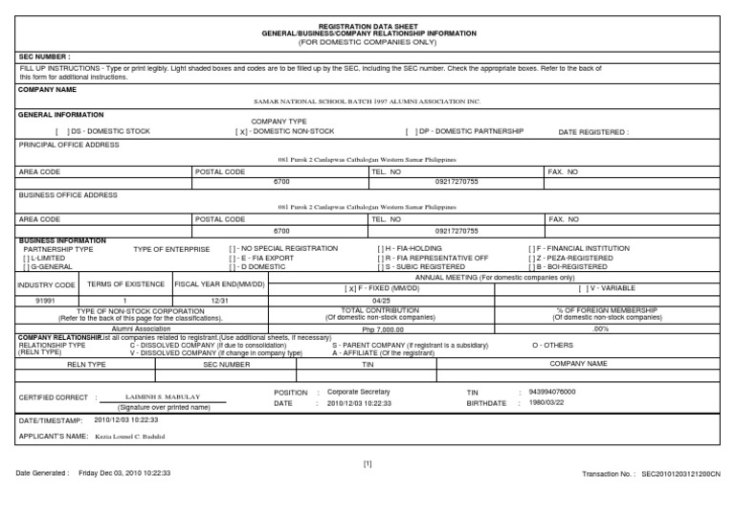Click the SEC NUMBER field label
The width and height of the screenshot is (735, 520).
click(x=44, y=57)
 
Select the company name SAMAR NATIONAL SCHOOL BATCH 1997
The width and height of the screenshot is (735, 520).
click(x=367, y=100)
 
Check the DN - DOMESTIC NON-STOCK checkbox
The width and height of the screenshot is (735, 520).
click(x=242, y=131)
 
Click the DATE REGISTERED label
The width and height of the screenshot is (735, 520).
click(x=593, y=132)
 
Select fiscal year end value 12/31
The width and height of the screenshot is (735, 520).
click(x=218, y=300)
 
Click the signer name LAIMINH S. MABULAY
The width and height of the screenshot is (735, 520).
click(x=163, y=396)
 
